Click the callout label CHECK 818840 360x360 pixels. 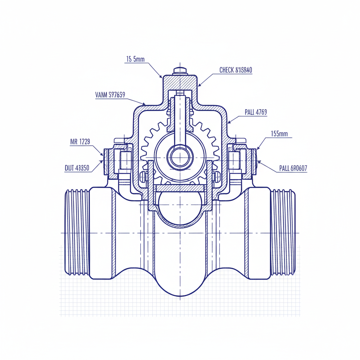(236, 70)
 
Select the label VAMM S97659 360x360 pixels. (110, 95)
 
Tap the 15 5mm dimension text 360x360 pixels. (135, 59)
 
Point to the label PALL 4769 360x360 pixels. (256, 112)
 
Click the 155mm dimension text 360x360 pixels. (279, 134)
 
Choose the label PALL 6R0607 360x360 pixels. (293, 168)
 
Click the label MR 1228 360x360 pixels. (80, 142)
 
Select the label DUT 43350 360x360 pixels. (77, 168)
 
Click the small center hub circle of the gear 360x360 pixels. (180, 157)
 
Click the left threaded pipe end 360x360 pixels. (76, 232)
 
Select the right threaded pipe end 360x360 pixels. (283, 232)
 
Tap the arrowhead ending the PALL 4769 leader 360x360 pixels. (229, 123)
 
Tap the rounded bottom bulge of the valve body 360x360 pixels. (180, 281)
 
